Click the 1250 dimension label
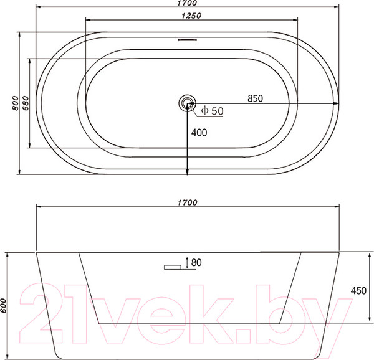click(191, 16)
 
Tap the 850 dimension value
click(255, 98)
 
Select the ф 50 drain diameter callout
click(213, 111)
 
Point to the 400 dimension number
click(199, 133)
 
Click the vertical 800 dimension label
click(15, 103)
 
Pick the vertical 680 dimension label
click(26, 103)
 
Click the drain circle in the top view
click(187, 103)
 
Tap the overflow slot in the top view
click(187, 39)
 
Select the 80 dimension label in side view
click(196, 262)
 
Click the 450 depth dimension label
click(358, 290)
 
